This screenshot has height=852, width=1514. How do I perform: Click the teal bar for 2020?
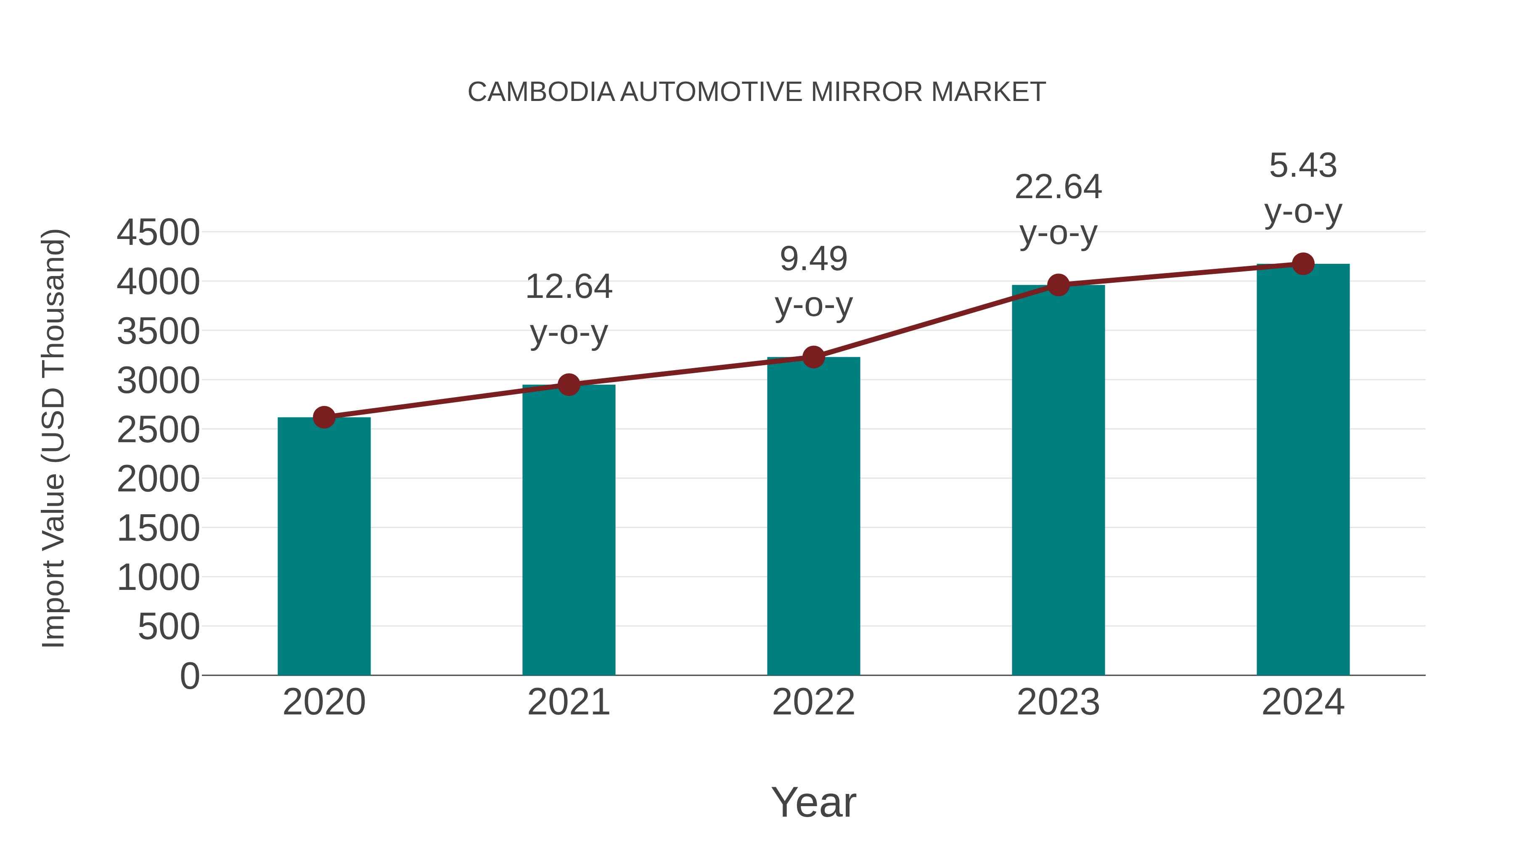(x=324, y=547)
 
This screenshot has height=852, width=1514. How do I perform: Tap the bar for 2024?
(x=1303, y=470)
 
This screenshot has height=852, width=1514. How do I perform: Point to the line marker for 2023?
(x=1058, y=285)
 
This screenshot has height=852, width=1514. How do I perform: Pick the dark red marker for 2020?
(x=324, y=417)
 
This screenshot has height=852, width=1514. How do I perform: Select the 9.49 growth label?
(x=813, y=259)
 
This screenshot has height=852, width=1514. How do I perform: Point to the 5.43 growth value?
(x=1303, y=165)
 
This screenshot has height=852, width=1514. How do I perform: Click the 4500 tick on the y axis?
(x=158, y=232)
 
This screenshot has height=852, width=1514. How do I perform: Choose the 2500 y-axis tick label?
(x=158, y=430)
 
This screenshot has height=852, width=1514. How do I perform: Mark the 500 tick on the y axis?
(x=168, y=627)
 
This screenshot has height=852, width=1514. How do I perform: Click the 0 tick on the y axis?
(x=189, y=676)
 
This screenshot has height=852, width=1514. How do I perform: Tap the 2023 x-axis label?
(x=1058, y=702)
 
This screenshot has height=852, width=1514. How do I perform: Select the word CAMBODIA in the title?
(x=541, y=92)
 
